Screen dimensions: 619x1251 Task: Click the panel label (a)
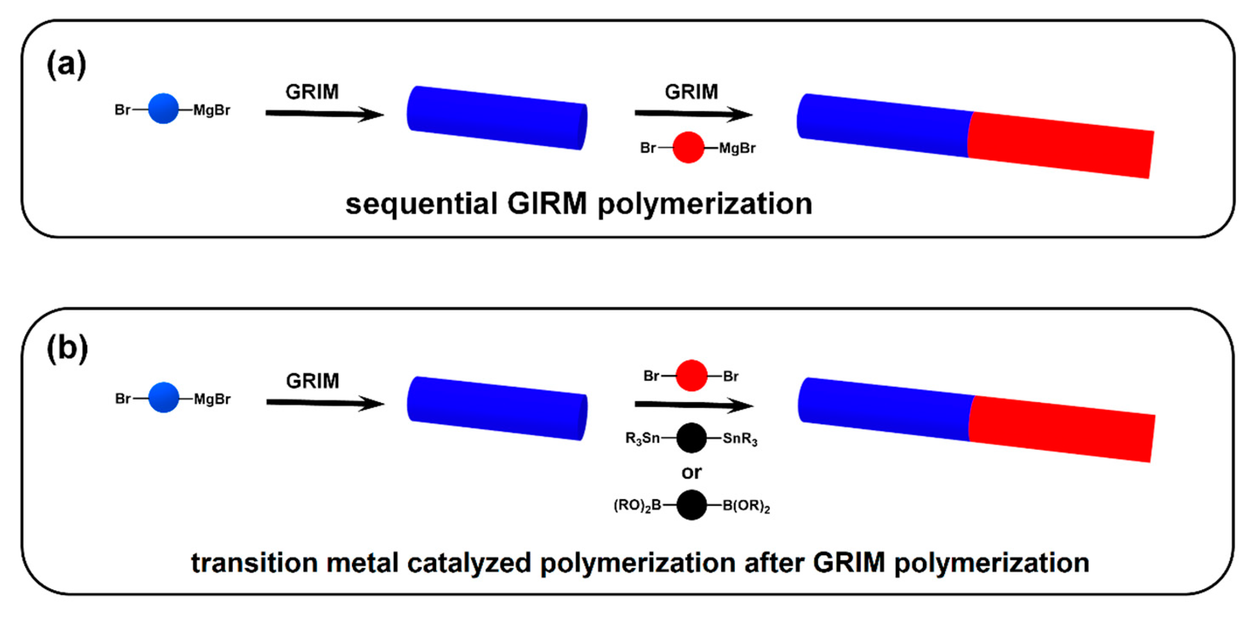66,65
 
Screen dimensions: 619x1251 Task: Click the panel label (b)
68,349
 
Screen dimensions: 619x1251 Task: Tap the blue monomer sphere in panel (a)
163,109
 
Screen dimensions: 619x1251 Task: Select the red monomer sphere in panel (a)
688,147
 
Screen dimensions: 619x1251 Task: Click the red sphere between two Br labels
691,375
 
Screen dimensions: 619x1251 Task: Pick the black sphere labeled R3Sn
691,438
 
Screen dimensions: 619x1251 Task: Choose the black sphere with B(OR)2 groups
691,505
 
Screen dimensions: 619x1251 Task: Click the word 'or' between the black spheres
691,472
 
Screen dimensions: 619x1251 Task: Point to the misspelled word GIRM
547,204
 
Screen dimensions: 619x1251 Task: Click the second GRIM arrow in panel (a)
693,114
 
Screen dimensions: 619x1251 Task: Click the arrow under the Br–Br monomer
693,404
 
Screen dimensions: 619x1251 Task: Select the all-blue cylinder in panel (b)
497,408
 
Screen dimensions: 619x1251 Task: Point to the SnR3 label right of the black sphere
740,439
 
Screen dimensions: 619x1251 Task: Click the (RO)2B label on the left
638,506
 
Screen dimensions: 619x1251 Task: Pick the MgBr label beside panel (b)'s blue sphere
212,399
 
